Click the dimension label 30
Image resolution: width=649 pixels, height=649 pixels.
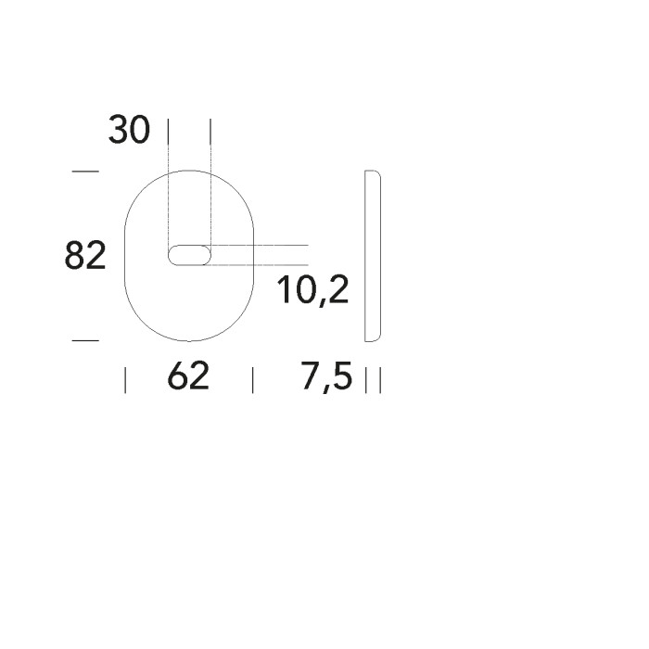[x=129, y=130]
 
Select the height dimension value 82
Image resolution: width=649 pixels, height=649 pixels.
[x=85, y=255]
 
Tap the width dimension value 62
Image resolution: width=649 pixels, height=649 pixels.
[x=188, y=376]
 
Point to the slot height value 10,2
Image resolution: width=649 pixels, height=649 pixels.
[x=312, y=291]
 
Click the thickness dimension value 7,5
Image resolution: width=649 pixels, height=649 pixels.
[x=327, y=377]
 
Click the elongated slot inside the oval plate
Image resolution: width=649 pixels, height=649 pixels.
[x=189, y=255]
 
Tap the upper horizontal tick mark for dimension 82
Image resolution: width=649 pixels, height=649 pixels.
[x=84, y=172]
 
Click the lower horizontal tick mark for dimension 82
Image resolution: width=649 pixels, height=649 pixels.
[x=84, y=340]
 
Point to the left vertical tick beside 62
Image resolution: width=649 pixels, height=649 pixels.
[x=125, y=379]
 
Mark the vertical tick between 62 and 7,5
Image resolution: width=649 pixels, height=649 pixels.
[x=252, y=379]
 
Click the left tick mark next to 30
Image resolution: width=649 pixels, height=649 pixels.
[x=168, y=131]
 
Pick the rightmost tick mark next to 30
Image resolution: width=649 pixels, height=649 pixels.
[x=210, y=131]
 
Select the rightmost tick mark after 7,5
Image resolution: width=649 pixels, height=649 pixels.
[x=380, y=379]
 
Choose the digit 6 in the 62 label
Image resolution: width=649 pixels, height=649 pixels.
[x=178, y=376]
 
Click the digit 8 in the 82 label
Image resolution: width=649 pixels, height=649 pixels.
[x=75, y=255]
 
